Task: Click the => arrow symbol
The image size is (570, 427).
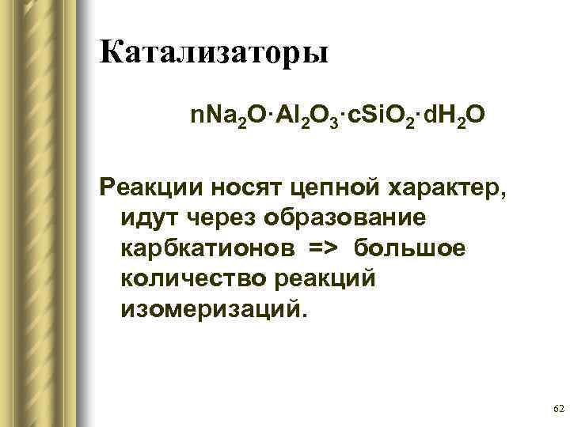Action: point(321,248)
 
